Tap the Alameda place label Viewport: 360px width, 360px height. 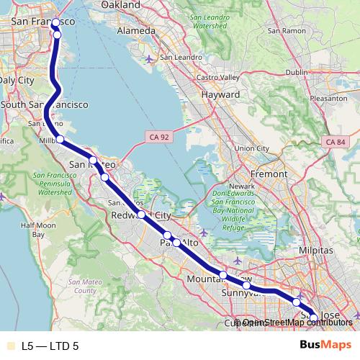pyautogui.click(x=136, y=31)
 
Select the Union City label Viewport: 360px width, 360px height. pyautogui.click(x=247, y=148)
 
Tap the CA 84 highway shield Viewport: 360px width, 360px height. pyautogui.click(x=336, y=143)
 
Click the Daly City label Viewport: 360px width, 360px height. pyautogui.click(x=16, y=80)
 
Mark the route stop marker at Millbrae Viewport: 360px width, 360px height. pyautogui.click(x=60, y=139)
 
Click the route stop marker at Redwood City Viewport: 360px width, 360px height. pyautogui.click(x=141, y=214)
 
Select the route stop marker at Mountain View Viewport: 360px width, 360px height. pyautogui.click(x=223, y=275)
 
